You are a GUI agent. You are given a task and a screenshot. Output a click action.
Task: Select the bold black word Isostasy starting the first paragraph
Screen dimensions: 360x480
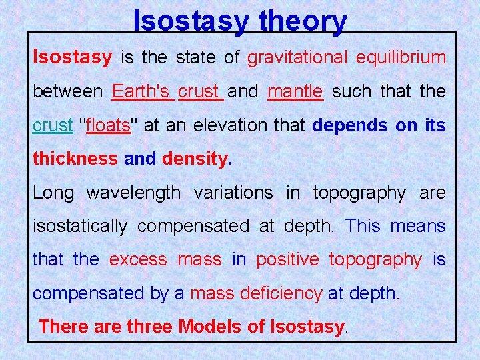pyautogui.click(x=73, y=58)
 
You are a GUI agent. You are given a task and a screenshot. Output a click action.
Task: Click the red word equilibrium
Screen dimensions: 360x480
pyautogui.click(x=401, y=58)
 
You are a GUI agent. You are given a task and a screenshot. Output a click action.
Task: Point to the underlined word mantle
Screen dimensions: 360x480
pyautogui.click(x=295, y=91)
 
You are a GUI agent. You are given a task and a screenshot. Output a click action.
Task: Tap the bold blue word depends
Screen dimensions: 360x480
pyautogui.click(x=350, y=125)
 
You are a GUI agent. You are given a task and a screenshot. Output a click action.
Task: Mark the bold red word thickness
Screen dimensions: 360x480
pyautogui.click(x=75, y=159)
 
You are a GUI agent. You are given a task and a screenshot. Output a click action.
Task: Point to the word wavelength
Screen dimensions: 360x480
pyautogui.click(x=133, y=193)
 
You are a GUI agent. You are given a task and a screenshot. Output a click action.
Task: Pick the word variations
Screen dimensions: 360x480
pyautogui.click(x=233, y=193)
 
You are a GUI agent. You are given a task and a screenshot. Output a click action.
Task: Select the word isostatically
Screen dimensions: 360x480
pyautogui.click(x=80, y=226)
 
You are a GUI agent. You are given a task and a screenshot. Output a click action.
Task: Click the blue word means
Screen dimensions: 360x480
pyautogui.click(x=418, y=226)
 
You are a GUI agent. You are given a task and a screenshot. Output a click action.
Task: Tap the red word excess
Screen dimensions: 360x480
pyautogui.click(x=139, y=259)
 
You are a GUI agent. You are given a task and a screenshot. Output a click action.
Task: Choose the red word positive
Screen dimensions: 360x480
pyautogui.click(x=287, y=259)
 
